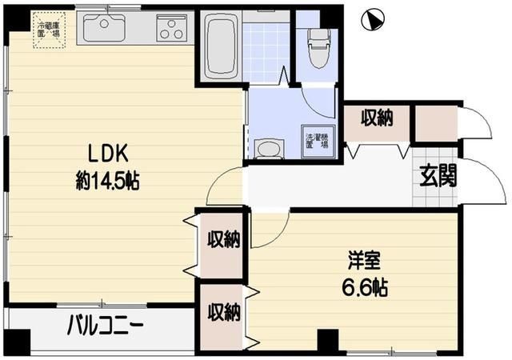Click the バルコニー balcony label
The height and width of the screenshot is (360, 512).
[x=104, y=326]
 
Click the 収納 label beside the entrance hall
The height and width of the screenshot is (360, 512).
[x=377, y=119]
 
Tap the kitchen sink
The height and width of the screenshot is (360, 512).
[x=104, y=30]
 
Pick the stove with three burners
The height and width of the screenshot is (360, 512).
[x=170, y=30]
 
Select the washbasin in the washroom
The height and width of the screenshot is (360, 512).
[x=269, y=149]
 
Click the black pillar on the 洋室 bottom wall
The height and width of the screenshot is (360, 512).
[x=328, y=340]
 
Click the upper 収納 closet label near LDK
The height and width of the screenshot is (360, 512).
[x=223, y=239]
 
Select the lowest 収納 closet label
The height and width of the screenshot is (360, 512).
[x=223, y=314]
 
